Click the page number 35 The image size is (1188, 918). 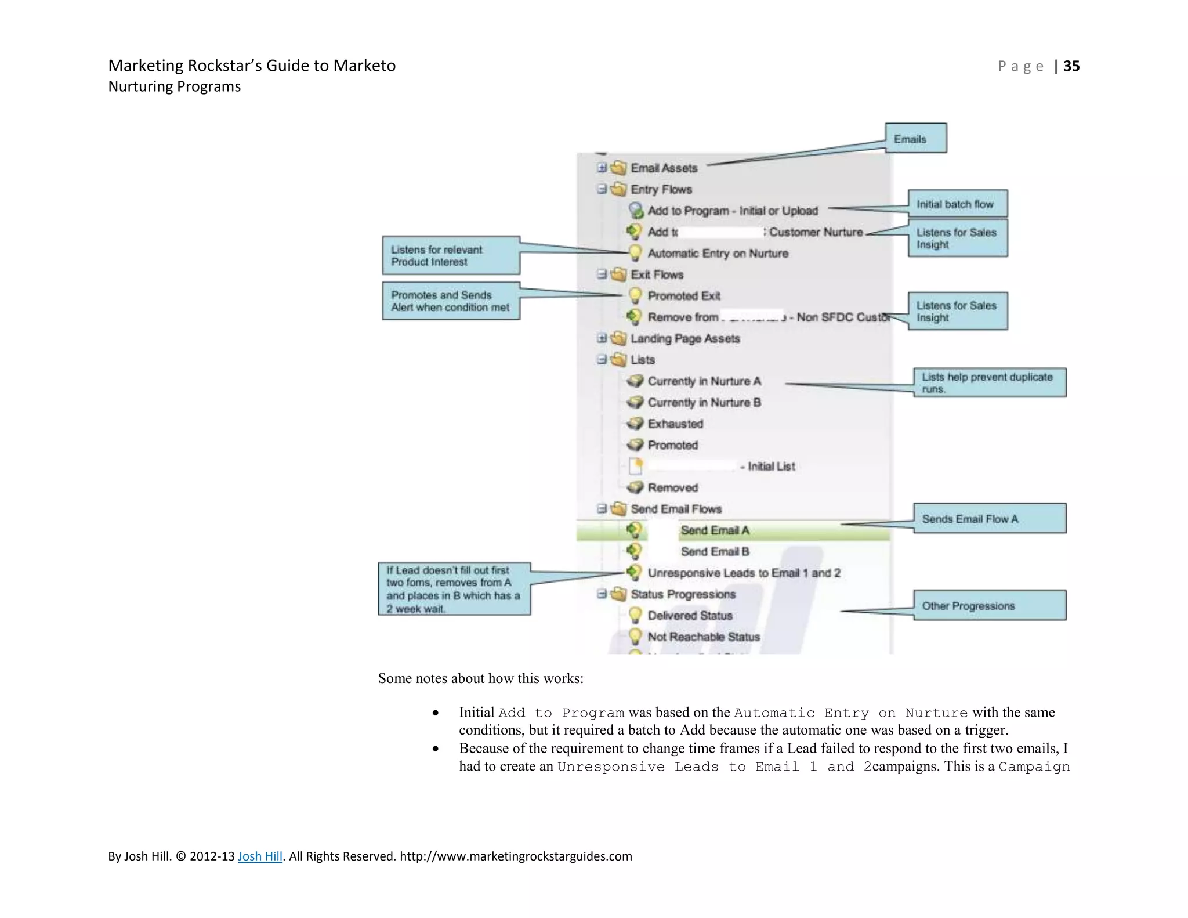[1071, 66]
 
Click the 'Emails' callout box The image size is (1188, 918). [915, 139]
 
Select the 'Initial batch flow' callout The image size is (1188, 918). [957, 204]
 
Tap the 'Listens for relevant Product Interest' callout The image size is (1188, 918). [451, 255]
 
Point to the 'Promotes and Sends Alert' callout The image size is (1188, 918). [451, 301]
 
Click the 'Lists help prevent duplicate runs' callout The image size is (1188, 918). [989, 382]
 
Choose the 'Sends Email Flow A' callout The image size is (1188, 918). [989, 518]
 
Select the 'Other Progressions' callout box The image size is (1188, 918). [989, 605]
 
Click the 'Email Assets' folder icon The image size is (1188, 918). [619, 168]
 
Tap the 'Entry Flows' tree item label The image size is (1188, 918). [661, 189]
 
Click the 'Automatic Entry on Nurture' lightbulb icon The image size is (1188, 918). [635, 253]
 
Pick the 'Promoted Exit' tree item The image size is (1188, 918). [683, 296]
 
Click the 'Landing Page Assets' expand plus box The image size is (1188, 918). [602, 338]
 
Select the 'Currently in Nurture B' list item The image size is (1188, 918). [704, 402]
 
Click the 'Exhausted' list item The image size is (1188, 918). [675, 424]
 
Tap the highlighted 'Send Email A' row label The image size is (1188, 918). [715, 530]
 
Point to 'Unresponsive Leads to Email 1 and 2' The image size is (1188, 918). [744, 573]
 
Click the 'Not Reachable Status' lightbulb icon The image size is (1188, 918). [635, 637]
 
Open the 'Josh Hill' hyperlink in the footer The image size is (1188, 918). [260, 856]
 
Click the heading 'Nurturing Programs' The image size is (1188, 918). [174, 86]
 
